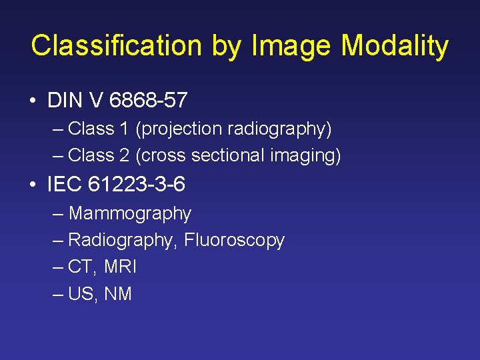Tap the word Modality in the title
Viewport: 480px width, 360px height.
395,46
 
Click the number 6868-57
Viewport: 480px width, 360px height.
148,101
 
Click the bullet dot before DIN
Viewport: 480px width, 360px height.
33,101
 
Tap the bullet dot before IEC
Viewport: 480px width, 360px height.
33,185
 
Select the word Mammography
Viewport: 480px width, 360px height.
130,214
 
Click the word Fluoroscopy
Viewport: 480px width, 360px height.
234,240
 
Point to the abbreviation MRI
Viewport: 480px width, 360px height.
120,267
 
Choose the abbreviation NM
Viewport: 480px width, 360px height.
118,293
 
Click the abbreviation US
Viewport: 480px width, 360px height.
82,293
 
